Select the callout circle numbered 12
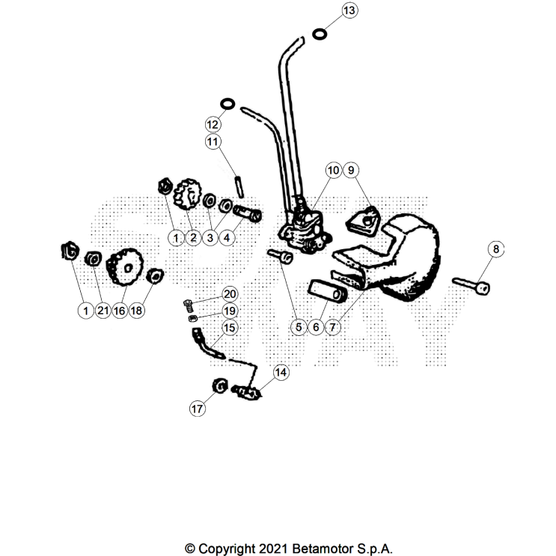coord(213,123)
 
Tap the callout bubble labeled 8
coord(495,249)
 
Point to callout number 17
coord(196,409)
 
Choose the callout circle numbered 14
coord(281,372)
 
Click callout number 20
coord(229,293)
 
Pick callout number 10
coord(333,171)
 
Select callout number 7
coord(333,327)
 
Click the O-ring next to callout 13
coord(320,34)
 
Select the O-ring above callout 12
coord(228,103)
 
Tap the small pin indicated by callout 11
coord(239,182)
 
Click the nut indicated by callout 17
coord(220,386)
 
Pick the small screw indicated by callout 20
coord(189,303)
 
